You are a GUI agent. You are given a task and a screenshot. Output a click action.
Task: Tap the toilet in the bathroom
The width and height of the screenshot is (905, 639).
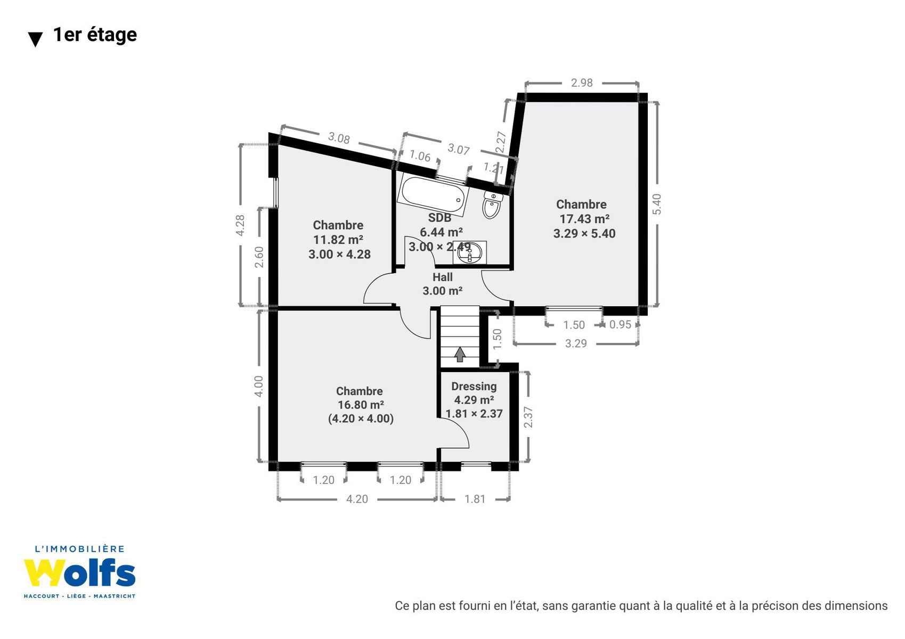pos(492,205)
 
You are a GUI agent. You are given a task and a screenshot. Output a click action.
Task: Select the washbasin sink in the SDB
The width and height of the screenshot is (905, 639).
pos(469,252)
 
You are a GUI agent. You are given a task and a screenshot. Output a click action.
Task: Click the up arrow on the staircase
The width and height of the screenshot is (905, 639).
pos(460,354)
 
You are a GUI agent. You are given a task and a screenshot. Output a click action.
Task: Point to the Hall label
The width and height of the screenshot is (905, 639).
pos(443,277)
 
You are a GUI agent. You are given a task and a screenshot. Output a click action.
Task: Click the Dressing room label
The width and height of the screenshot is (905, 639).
pos(474,387)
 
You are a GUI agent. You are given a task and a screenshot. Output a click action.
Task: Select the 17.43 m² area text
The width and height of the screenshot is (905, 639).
pos(584,219)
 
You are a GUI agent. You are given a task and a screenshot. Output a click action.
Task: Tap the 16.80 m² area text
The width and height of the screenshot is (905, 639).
pos(361,405)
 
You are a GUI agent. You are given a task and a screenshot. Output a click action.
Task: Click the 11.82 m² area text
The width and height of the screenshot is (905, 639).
pos(338,240)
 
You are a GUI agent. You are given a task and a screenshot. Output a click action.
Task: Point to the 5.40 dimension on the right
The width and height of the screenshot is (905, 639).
pos(657,204)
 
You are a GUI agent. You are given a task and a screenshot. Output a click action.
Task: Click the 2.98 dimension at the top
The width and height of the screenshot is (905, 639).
pos(582,83)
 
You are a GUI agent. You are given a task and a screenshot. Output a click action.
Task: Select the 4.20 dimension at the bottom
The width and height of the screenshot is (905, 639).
pos(357,499)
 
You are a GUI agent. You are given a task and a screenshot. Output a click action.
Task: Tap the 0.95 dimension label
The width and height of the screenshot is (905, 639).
pos(620,325)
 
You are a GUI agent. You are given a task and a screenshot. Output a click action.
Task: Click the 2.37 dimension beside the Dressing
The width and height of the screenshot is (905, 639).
pos(528,417)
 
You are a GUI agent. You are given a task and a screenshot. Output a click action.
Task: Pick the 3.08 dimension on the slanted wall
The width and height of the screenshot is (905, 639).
pos(339,138)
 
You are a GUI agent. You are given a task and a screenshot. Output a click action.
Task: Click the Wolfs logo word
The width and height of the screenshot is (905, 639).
pos(79,573)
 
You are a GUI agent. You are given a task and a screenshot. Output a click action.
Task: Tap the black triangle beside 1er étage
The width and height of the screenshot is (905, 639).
pos(35,39)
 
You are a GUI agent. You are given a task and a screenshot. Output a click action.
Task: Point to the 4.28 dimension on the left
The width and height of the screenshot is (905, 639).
pos(240,225)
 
